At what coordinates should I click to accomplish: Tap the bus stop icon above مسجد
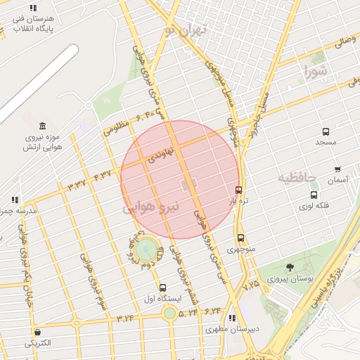(x=326, y=131)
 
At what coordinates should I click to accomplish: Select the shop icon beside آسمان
(x=337, y=169)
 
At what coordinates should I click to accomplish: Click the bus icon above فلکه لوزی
(x=314, y=195)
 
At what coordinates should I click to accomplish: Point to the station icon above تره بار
(x=239, y=190)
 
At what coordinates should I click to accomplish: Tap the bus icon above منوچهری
(x=241, y=238)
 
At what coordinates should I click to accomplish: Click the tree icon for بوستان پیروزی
(x=290, y=266)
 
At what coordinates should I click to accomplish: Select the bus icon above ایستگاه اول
(x=163, y=288)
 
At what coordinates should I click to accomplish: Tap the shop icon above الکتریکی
(x=37, y=332)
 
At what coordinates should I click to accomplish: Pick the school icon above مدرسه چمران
(x=15, y=200)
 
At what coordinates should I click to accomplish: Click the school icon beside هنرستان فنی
(x=34, y=8)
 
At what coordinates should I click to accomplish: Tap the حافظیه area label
(x=297, y=176)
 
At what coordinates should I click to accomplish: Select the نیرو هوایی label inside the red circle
(x=151, y=208)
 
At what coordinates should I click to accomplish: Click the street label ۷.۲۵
(x=250, y=284)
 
